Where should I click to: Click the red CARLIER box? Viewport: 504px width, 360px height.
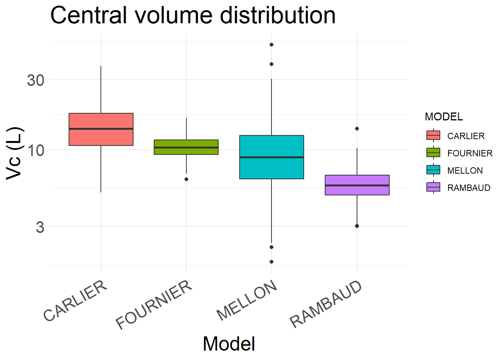pyautogui.click(x=101, y=129)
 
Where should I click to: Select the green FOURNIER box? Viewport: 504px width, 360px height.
pyautogui.click(x=186, y=147)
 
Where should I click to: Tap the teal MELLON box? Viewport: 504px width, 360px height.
pyautogui.click(x=271, y=157)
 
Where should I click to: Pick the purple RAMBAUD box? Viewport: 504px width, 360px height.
pyautogui.click(x=357, y=185)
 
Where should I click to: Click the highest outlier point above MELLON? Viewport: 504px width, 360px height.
pyautogui.click(x=271, y=45)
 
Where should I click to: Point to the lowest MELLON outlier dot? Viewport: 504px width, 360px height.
pyautogui.click(x=271, y=262)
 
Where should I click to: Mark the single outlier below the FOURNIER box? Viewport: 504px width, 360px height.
pyautogui.click(x=186, y=179)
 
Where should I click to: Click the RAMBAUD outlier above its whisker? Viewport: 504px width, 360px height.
pyautogui.click(x=357, y=129)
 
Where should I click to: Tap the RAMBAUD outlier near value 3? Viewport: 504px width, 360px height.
pyautogui.click(x=357, y=226)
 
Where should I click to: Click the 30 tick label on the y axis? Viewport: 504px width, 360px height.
pyautogui.click(x=36, y=80)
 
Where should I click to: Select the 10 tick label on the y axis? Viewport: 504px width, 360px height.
pyautogui.click(x=36, y=150)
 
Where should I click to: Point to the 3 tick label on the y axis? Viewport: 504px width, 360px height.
pyautogui.click(x=40, y=227)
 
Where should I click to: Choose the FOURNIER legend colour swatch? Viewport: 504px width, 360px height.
pyautogui.click(x=433, y=153)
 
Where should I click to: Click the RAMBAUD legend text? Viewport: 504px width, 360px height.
pyautogui.click(x=469, y=187)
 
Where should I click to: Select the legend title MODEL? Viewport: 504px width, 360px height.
pyautogui.click(x=444, y=117)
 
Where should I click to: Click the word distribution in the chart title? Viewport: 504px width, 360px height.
pyautogui.click(x=277, y=16)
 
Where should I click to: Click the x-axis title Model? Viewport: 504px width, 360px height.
pyautogui.click(x=229, y=343)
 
